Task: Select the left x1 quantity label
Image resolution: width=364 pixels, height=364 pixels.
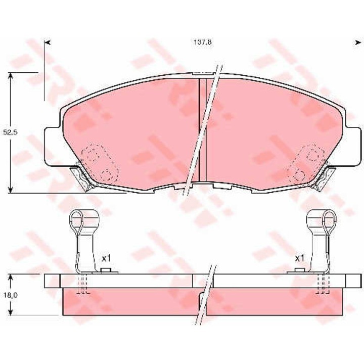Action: pos(106,258)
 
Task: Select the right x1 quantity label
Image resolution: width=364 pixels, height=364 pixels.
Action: pos(299,258)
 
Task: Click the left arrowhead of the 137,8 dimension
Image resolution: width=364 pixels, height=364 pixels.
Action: pos(48,42)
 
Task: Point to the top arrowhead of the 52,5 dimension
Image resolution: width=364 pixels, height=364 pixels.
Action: pos(10,76)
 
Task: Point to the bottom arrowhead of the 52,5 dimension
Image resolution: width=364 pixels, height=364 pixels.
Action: pos(10,190)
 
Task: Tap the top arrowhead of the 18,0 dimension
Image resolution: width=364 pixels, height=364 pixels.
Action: pos(10,278)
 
